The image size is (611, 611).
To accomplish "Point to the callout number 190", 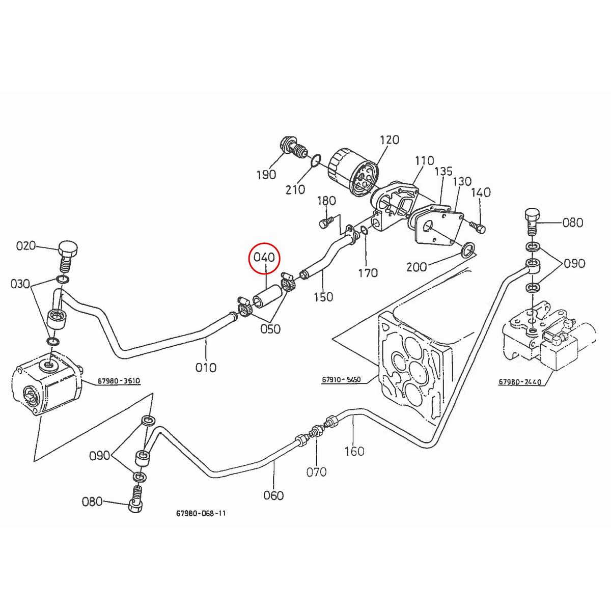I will pos(266,175).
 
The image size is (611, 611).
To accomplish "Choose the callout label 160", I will pos(354,451).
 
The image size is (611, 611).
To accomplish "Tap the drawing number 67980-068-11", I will pos(201,513).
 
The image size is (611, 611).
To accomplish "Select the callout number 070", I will pos(316,472).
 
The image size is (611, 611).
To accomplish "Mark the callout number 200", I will pos(416,266).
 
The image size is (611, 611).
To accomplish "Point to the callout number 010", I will pos(206,367).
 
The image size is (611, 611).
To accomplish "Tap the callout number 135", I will pos(443,171).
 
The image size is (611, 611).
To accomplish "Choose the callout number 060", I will pos(273,495).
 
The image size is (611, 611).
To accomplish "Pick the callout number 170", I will pos(368,273).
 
